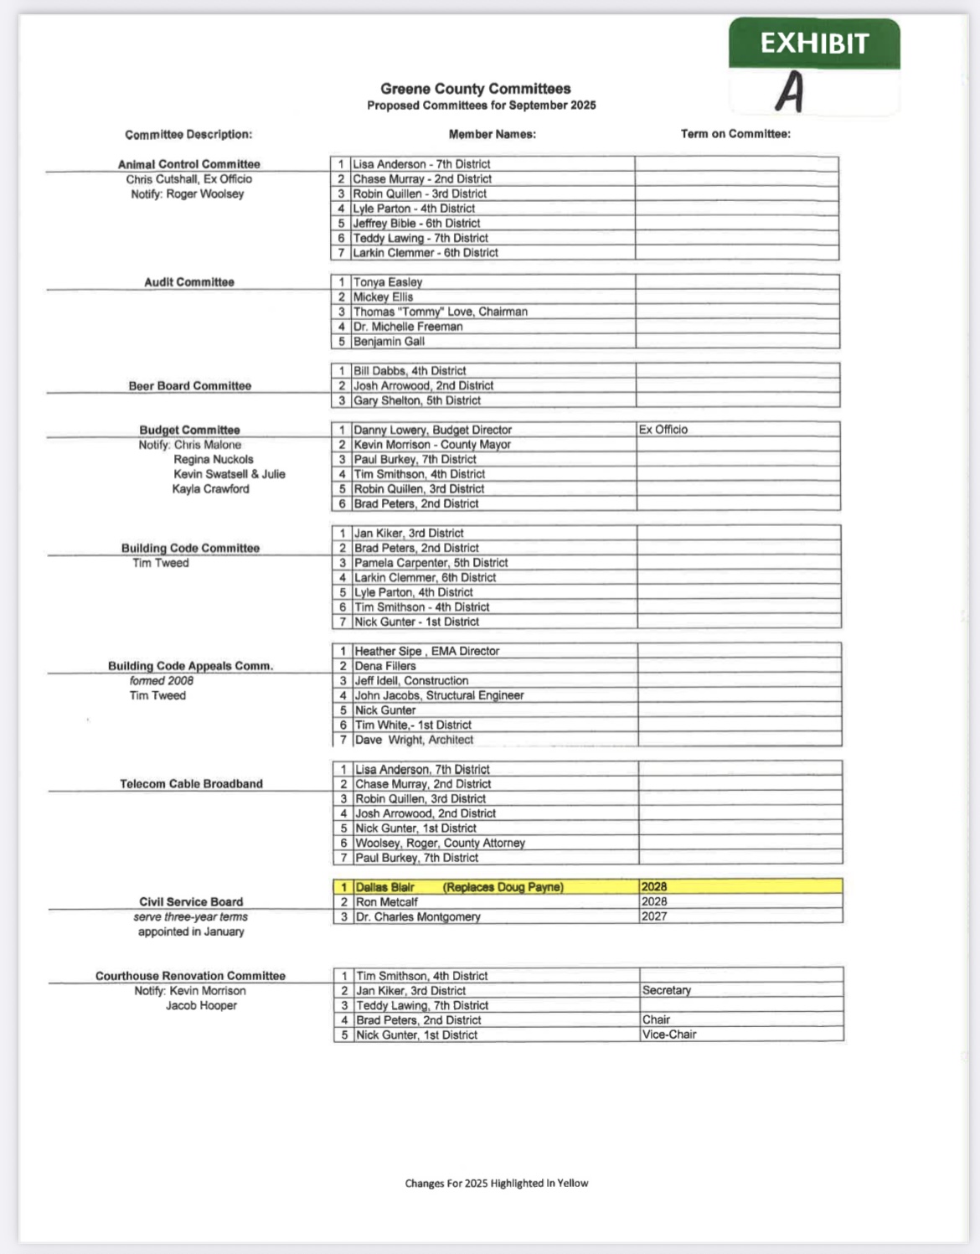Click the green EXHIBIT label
pyautogui.click(x=814, y=44)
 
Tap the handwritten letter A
pyautogui.click(x=790, y=91)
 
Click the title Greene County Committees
pyautogui.click(x=475, y=89)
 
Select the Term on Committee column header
pyautogui.click(x=735, y=134)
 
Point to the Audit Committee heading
pyautogui.click(x=189, y=282)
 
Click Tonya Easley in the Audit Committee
pyautogui.click(x=388, y=282)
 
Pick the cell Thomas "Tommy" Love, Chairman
pyautogui.click(x=441, y=312)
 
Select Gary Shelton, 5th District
pyautogui.click(x=417, y=400)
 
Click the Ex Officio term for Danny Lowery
pyautogui.click(x=663, y=430)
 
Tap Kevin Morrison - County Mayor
pyautogui.click(x=432, y=445)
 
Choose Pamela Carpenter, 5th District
pyautogui.click(x=431, y=563)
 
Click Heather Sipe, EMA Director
pyautogui.click(x=426, y=651)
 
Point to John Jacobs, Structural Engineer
pyautogui.click(x=439, y=695)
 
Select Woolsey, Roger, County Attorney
pyautogui.click(x=440, y=843)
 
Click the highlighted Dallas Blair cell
pyautogui.click(x=459, y=887)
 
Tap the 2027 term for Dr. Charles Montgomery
pyautogui.click(x=654, y=916)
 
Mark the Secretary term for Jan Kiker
pyautogui.click(x=667, y=990)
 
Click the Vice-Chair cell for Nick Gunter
pyautogui.click(x=669, y=1035)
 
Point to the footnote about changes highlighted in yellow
pyautogui.click(x=497, y=1183)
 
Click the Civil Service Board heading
pyautogui.click(x=191, y=902)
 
